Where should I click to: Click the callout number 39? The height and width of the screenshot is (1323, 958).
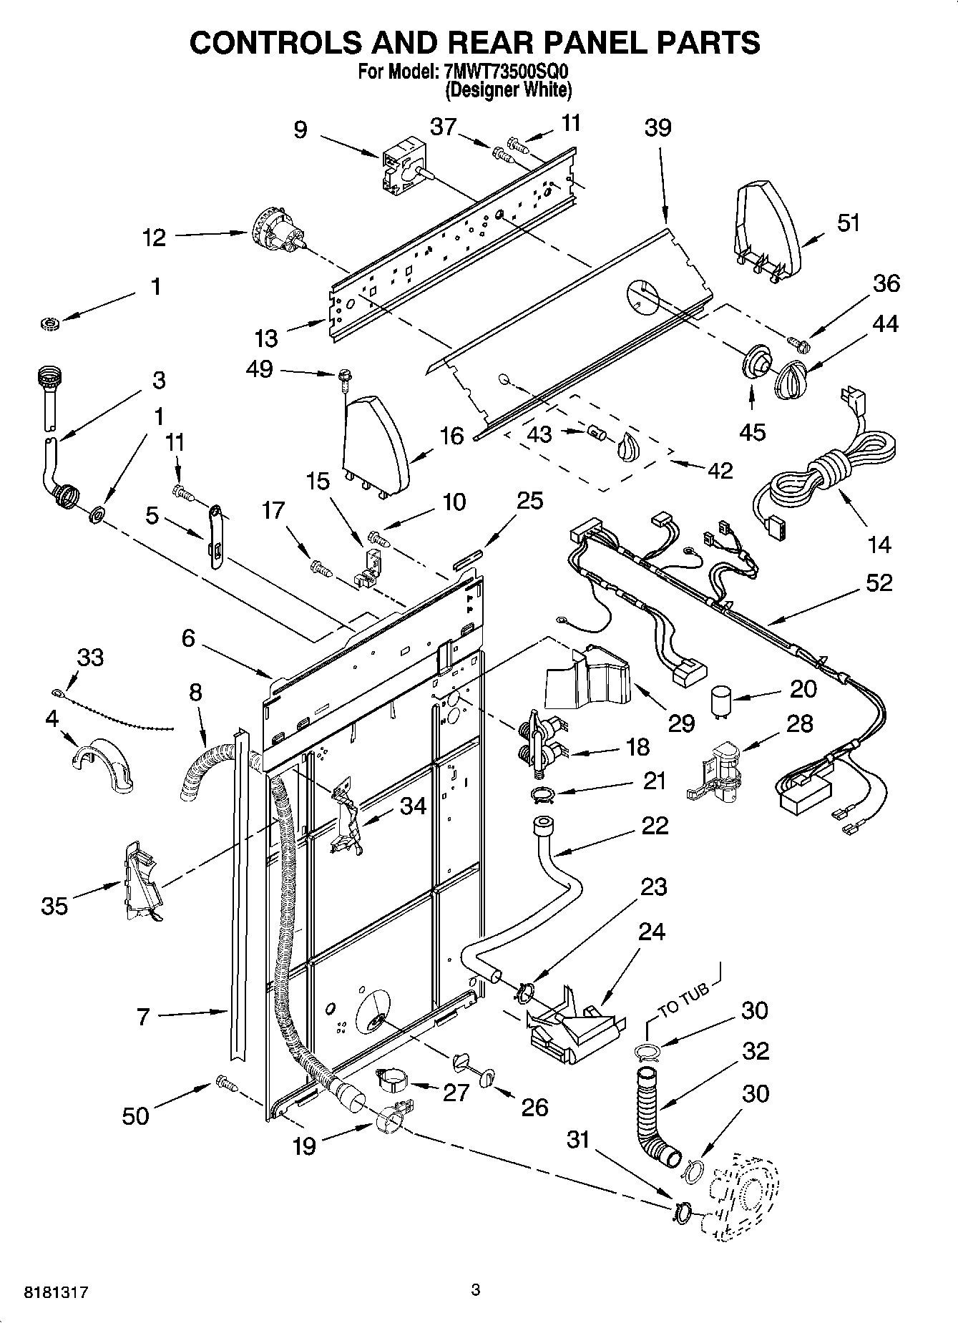(658, 128)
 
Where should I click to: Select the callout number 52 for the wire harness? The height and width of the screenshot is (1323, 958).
(879, 582)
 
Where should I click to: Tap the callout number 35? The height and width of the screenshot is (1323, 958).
(54, 906)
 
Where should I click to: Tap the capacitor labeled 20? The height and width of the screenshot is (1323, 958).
(722, 700)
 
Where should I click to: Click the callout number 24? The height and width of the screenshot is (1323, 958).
(652, 932)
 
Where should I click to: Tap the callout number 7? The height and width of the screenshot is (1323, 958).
(143, 1016)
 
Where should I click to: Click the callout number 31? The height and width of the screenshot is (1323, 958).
(577, 1138)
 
